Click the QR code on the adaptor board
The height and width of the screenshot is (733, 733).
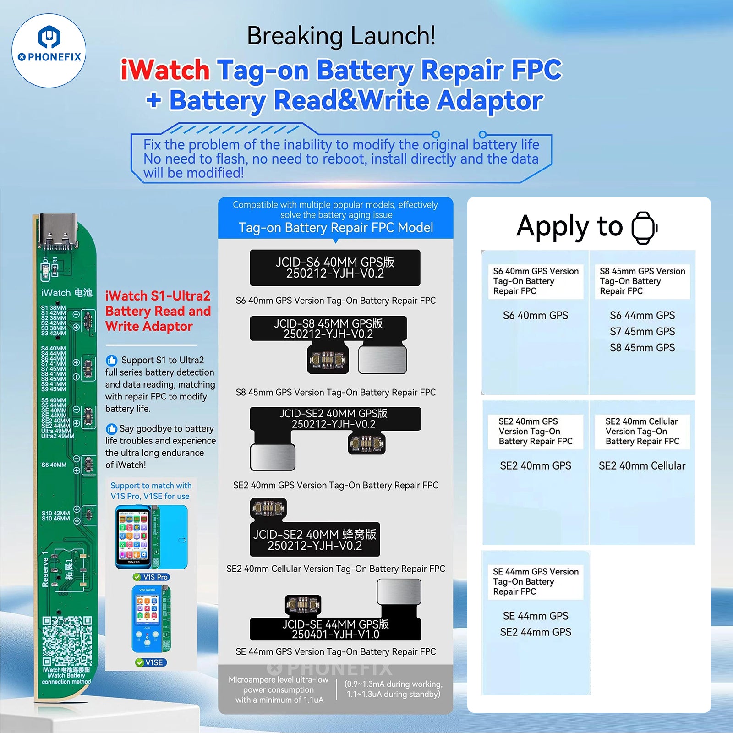(67, 641)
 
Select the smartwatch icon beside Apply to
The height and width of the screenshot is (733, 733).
(644, 228)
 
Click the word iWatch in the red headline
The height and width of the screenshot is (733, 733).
(165, 70)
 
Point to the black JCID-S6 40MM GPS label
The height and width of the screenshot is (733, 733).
(335, 268)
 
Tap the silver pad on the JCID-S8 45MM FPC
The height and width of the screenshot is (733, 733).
(383, 360)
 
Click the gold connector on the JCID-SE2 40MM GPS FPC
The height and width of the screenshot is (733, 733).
(366, 443)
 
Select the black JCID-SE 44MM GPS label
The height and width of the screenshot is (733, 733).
(335, 629)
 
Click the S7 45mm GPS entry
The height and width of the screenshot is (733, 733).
(642, 331)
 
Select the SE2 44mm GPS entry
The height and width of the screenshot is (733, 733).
(536, 632)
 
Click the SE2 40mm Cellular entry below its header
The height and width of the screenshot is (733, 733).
(642, 466)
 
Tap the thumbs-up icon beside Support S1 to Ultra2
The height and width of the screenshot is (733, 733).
(111, 360)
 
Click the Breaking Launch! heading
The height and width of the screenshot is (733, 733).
(341, 36)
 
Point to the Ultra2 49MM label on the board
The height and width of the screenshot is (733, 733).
(58, 436)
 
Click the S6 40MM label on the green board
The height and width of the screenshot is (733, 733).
(54, 465)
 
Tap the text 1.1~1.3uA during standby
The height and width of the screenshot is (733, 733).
(393, 694)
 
